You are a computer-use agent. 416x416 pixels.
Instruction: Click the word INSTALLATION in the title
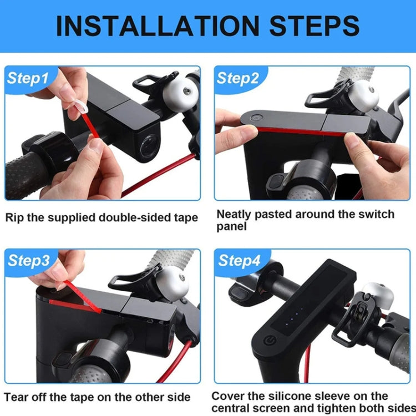pos(156,26)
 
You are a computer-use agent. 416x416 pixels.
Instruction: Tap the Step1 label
pos(28,78)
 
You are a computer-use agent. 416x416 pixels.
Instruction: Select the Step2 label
pos(237,78)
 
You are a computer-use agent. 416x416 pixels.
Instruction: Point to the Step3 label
pos(28,261)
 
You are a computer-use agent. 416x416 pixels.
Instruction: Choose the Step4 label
pos(238,261)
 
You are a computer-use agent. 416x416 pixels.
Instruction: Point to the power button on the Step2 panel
pos(256,118)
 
